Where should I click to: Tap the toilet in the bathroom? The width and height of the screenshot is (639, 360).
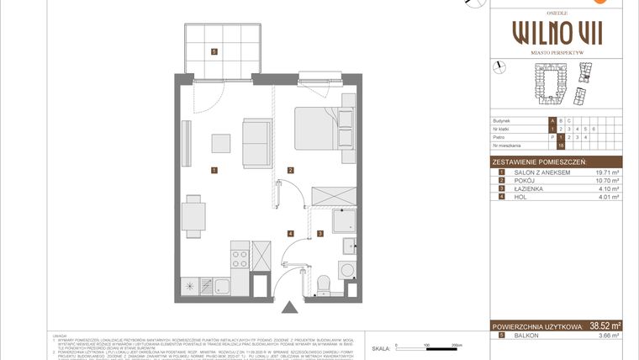(x=321, y=284)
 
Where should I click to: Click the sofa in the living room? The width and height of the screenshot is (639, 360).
(x=256, y=142)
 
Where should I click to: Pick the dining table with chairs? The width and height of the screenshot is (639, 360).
(x=194, y=215)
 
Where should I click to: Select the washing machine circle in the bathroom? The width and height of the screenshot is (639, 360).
(x=347, y=271)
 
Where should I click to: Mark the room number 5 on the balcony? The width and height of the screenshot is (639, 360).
(x=215, y=52)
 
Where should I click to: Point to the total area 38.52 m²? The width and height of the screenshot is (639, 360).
(x=605, y=326)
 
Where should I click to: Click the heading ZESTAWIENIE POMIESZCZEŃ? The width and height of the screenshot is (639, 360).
(x=539, y=161)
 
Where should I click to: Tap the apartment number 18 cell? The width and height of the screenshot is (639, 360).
(x=561, y=146)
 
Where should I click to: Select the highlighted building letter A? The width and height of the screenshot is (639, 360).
(x=552, y=120)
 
